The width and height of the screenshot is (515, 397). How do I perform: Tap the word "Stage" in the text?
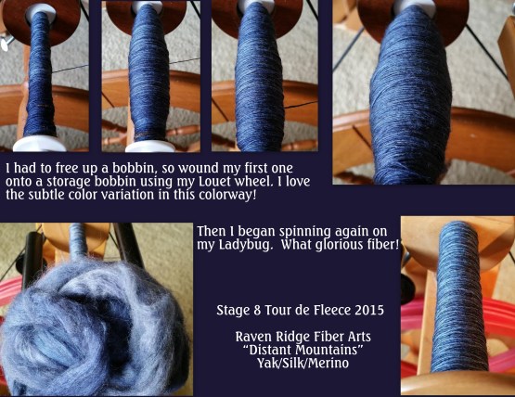pos(232,308)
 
